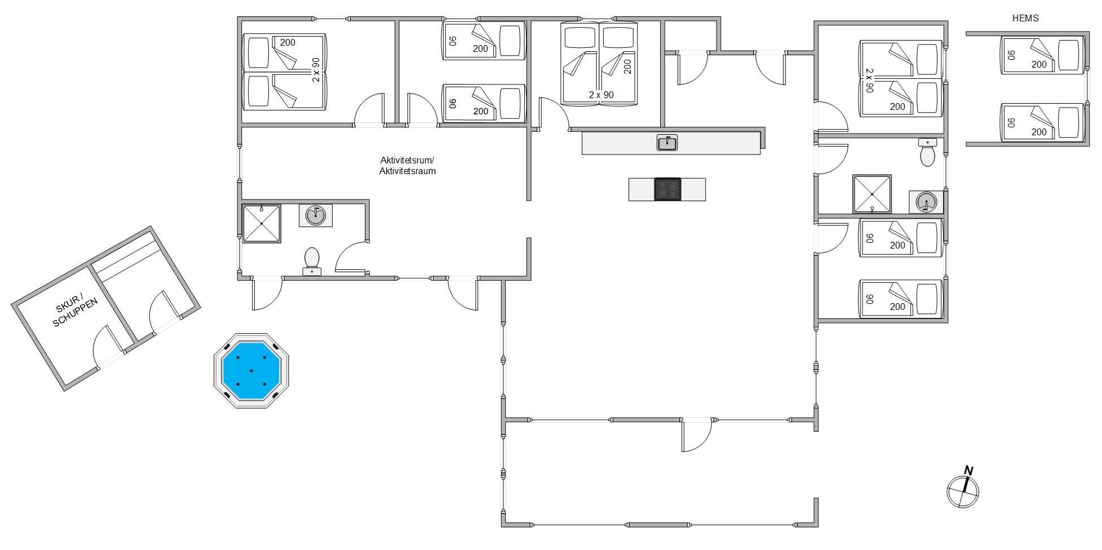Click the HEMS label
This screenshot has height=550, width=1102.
point(1025,18)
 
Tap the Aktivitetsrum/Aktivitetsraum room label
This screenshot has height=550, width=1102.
point(407,166)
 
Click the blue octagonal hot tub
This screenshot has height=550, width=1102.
point(251,371)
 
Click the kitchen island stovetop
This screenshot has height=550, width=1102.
point(667,189)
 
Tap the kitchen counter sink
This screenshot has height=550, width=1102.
point(667,143)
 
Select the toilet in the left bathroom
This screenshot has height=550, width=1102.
point(312,261)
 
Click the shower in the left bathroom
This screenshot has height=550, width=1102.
point(262,224)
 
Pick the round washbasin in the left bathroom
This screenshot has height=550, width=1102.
point(316,215)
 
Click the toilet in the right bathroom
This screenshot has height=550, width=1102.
point(927,153)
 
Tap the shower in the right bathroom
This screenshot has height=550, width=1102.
point(872,194)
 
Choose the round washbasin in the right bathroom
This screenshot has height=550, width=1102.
point(926,202)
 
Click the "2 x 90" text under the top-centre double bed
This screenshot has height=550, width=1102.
point(601,95)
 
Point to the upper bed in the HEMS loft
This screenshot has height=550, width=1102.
point(1042,55)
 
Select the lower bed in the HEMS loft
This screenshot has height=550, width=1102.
point(1042,122)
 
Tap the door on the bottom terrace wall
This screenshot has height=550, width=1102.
point(696,435)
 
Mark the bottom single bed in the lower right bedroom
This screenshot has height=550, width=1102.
point(901,299)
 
